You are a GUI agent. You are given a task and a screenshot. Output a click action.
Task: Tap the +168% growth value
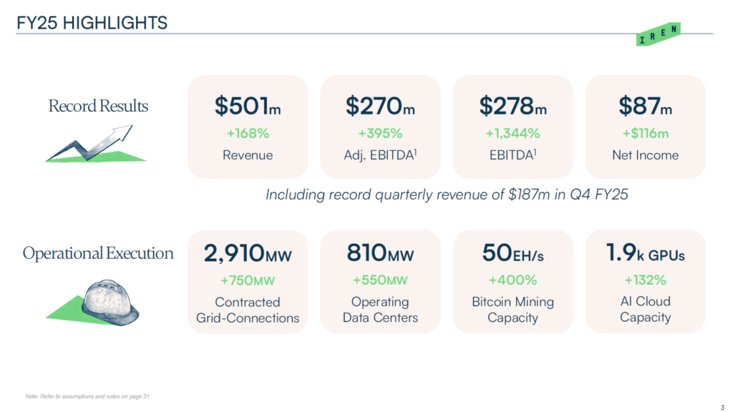click(248, 133)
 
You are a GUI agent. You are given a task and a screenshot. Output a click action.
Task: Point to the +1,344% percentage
click(513, 133)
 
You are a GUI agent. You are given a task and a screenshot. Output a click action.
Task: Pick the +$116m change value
click(645, 133)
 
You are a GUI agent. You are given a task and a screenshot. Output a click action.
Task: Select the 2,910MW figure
click(248, 253)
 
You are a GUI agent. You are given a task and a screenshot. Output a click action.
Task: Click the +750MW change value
click(248, 280)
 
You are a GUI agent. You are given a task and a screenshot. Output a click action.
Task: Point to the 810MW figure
click(380, 253)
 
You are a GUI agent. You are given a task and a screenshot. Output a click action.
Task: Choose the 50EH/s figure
click(513, 253)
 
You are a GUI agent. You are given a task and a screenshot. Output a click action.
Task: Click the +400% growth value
click(513, 280)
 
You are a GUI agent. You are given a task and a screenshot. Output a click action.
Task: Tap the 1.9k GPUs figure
click(645, 253)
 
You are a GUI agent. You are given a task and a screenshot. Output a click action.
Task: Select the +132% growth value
click(645, 280)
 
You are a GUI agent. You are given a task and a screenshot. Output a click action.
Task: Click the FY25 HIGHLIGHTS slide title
click(92, 23)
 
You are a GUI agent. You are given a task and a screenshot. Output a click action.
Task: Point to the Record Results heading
click(98, 107)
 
